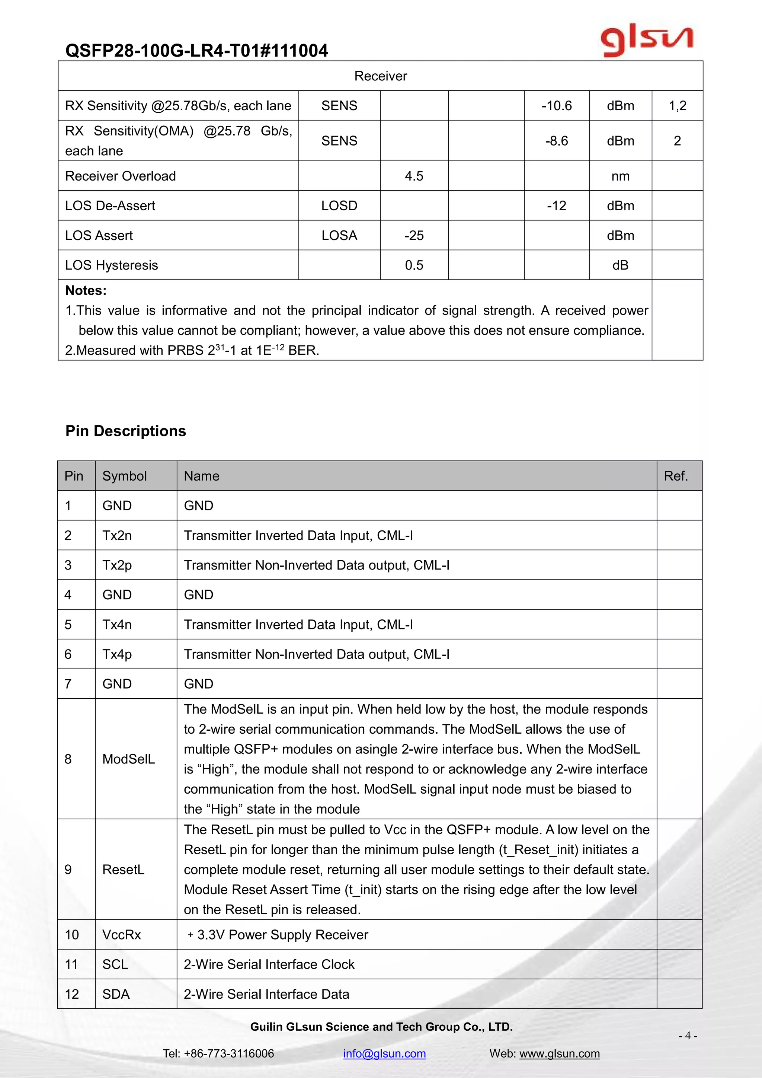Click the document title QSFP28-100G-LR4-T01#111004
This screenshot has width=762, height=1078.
click(x=196, y=50)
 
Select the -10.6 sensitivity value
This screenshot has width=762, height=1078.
click(x=557, y=106)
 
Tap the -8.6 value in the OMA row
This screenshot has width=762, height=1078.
click(x=557, y=141)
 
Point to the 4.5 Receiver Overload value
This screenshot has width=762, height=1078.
click(x=414, y=176)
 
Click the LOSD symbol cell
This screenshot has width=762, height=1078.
click(x=339, y=205)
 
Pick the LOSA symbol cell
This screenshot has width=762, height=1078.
click(x=339, y=235)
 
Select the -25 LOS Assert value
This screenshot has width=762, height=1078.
click(x=414, y=235)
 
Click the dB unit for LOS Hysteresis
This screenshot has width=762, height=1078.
click(x=620, y=265)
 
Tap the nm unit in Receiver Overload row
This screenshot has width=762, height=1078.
click(x=620, y=176)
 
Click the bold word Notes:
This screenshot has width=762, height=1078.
click(x=86, y=291)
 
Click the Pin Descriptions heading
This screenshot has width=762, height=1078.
click(x=126, y=431)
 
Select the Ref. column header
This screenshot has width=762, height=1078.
click(x=676, y=476)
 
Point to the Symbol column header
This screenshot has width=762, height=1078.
click(x=124, y=476)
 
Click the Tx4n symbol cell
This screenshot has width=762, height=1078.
click(x=117, y=625)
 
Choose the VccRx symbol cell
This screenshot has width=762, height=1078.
click(x=122, y=935)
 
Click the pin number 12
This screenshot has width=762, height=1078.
click(x=72, y=994)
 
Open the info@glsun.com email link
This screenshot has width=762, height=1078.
click(x=384, y=1053)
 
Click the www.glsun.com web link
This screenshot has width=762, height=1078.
click(x=559, y=1053)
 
